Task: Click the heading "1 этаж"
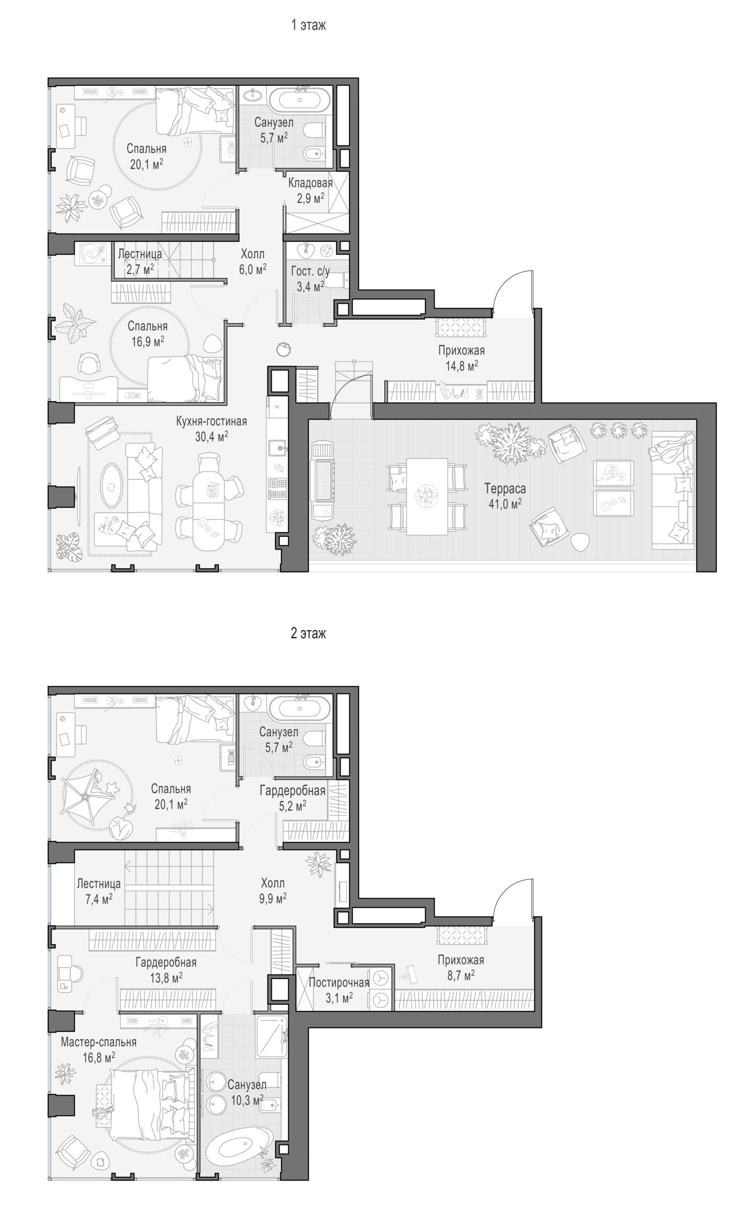(308, 25)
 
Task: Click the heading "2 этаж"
(308, 633)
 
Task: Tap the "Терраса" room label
(505, 489)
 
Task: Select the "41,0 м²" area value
(505, 504)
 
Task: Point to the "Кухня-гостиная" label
(212, 421)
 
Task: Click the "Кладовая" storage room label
(310, 183)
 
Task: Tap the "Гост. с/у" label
(310, 271)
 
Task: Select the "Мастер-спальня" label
(98, 1042)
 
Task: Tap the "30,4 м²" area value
(212, 437)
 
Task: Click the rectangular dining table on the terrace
(427, 496)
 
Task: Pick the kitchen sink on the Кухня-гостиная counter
(278, 447)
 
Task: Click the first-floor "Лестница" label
(140, 254)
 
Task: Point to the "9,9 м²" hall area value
(273, 899)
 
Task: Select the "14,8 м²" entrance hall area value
(462, 366)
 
